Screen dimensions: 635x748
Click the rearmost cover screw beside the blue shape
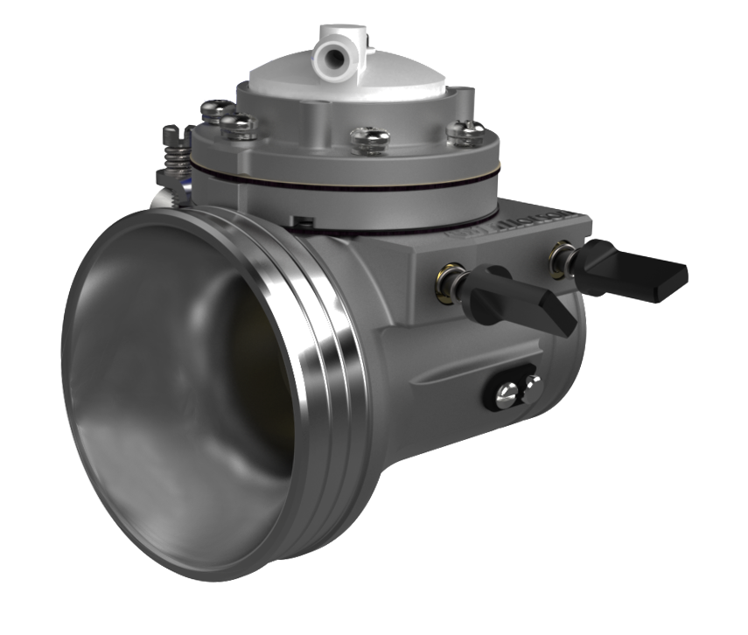pyautogui.click(x=213, y=110)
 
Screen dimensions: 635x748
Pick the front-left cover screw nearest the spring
pyautogui.click(x=239, y=127)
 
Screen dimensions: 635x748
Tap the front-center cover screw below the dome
pyautogui.click(x=368, y=139)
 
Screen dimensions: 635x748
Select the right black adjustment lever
pyautogui.click(x=634, y=269)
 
